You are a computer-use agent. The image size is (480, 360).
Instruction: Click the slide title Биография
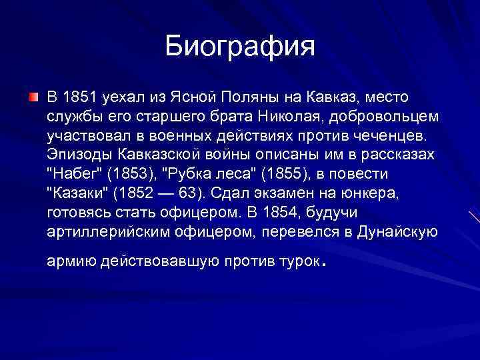pos(239,47)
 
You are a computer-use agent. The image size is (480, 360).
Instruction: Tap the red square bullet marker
pos(33,98)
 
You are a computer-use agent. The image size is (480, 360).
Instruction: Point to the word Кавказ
pos(319,98)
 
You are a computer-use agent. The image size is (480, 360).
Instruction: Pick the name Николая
pos(279,117)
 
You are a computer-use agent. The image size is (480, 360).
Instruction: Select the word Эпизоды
pos(78,155)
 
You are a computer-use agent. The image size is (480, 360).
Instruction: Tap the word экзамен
pos(299,194)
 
